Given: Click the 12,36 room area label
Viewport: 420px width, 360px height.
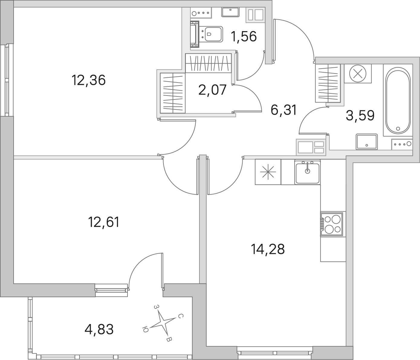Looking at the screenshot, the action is (x=89, y=80).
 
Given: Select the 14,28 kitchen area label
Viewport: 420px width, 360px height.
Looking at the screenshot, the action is (x=268, y=249).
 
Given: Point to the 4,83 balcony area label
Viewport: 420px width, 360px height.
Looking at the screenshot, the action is (x=99, y=329).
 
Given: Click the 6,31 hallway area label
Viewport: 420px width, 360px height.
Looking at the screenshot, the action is (x=284, y=110).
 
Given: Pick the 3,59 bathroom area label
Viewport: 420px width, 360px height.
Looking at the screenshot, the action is (x=360, y=115).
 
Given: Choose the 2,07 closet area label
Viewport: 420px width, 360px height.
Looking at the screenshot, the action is (x=212, y=90).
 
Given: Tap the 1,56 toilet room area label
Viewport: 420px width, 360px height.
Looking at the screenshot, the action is (x=244, y=37).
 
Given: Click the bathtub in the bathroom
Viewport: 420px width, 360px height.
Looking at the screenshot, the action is (x=398, y=100).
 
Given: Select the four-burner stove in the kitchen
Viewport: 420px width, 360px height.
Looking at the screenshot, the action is (x=332, y=224).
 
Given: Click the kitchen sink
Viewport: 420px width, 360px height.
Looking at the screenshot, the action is (x=307, y=172).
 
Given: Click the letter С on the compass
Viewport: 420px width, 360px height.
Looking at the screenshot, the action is (x=181, y=316).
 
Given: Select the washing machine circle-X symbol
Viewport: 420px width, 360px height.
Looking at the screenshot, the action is (x=358, y=73).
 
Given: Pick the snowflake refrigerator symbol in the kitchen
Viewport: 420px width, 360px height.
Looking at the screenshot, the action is (x=268, y=172).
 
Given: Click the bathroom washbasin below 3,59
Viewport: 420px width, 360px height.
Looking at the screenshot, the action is (x=367, y=142).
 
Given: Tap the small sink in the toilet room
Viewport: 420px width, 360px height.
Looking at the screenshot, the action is (x=231, y=12).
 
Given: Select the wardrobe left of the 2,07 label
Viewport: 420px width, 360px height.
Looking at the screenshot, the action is (x=173, y=93).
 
